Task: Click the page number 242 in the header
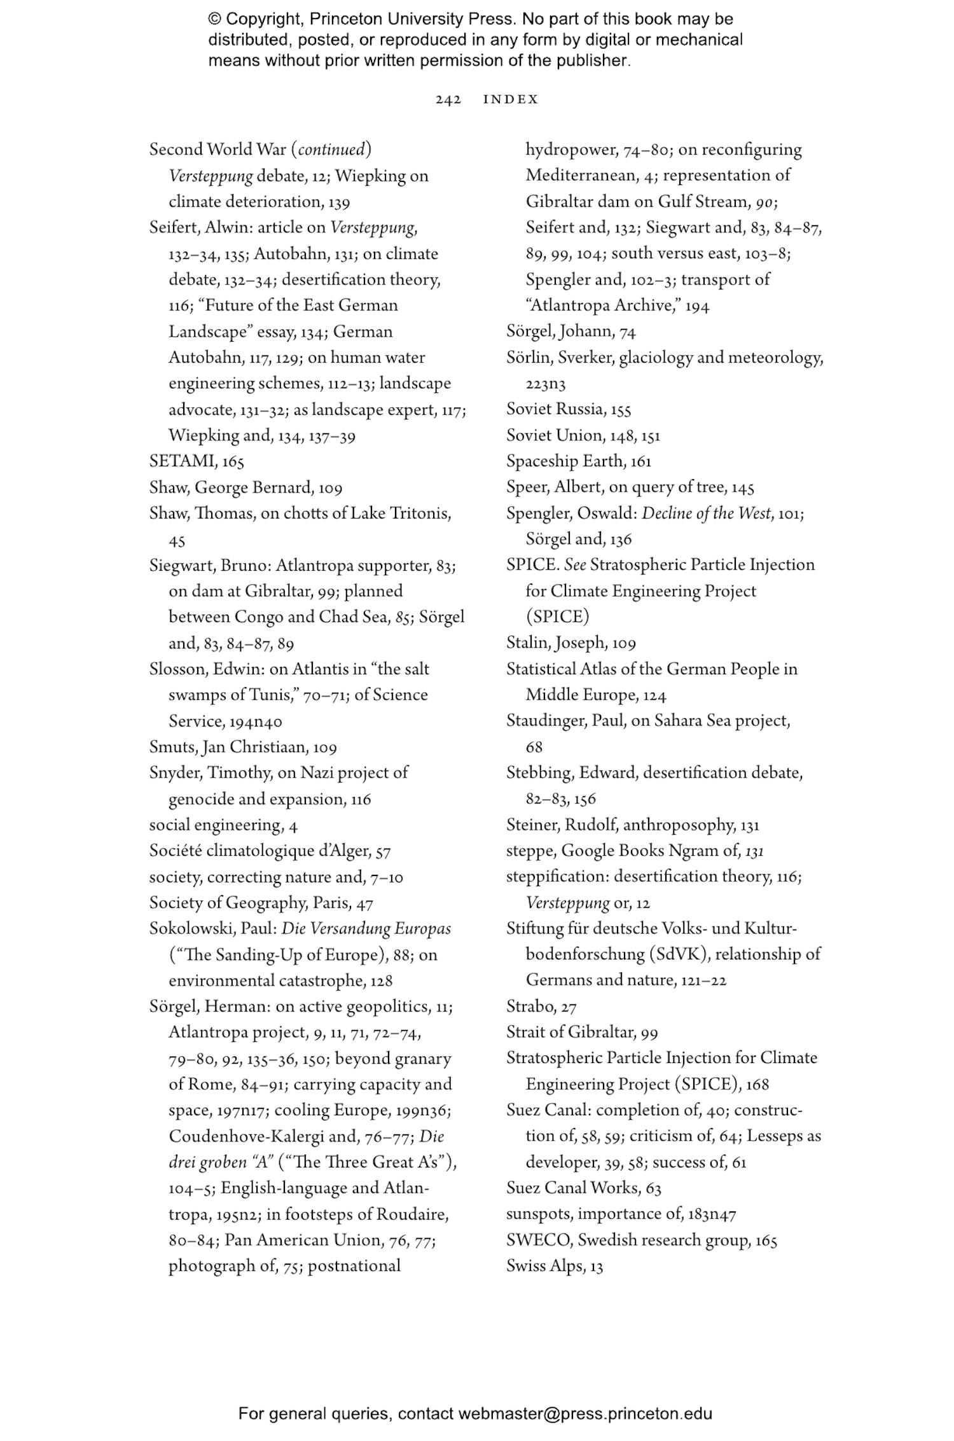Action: click(x=448, y=99)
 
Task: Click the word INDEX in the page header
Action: click(x=511, y=99)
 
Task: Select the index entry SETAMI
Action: click(x=184, y=461)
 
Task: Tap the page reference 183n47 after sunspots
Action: click(x=712, y=1214)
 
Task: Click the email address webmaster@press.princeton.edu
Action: click(x=584, y=1414)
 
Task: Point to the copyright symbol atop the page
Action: click(x=214, y=19)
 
